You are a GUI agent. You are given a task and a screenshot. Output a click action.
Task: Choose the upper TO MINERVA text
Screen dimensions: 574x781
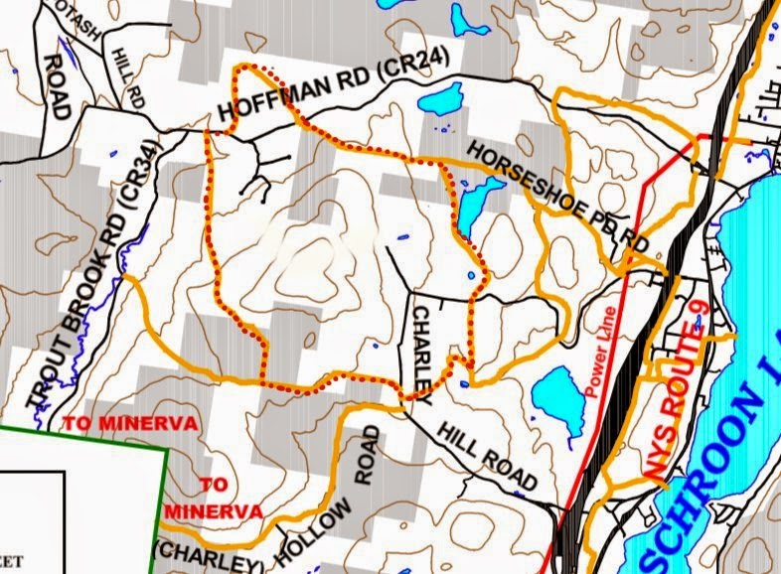130,423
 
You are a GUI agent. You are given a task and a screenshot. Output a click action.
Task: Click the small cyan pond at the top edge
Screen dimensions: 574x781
463,17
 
